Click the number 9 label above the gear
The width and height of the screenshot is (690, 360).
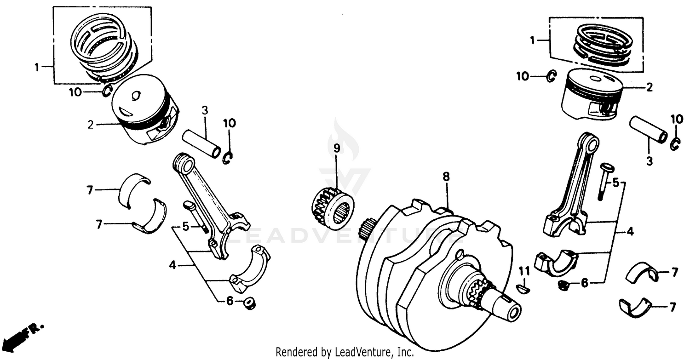(336, 149)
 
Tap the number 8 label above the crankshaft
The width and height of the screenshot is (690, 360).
(445, 176)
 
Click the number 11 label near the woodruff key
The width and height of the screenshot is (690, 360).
(525, 271)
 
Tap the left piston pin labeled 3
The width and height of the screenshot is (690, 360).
(201, 143)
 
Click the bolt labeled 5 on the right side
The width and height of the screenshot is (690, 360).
(603, 182)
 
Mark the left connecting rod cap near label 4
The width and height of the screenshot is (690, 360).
(251, 271)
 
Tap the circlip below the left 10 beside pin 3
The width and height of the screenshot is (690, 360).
(228, 158)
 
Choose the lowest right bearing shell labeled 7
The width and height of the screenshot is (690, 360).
(636, 307)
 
